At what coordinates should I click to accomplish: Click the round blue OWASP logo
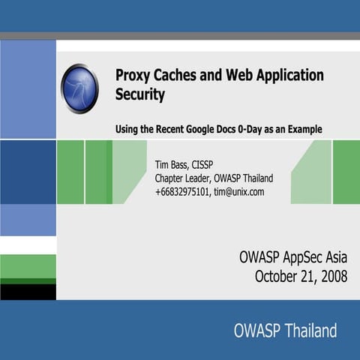click(x=79, y=88)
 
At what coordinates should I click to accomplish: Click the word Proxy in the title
click(x=132, y=76)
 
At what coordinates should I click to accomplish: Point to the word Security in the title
click(x=140, y=95)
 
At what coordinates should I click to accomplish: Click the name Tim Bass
click(x=172, y=164)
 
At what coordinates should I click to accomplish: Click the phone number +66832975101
click(x=181, y=191)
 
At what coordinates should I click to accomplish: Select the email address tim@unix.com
click(x=238, y=191)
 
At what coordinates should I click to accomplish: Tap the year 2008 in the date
click(x=331, y=276)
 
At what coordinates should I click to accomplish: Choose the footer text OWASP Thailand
click(x=285, y=330)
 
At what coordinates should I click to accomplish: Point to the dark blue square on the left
click(x=28, y=172)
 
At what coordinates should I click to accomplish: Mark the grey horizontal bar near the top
click(x=180, y=35)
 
